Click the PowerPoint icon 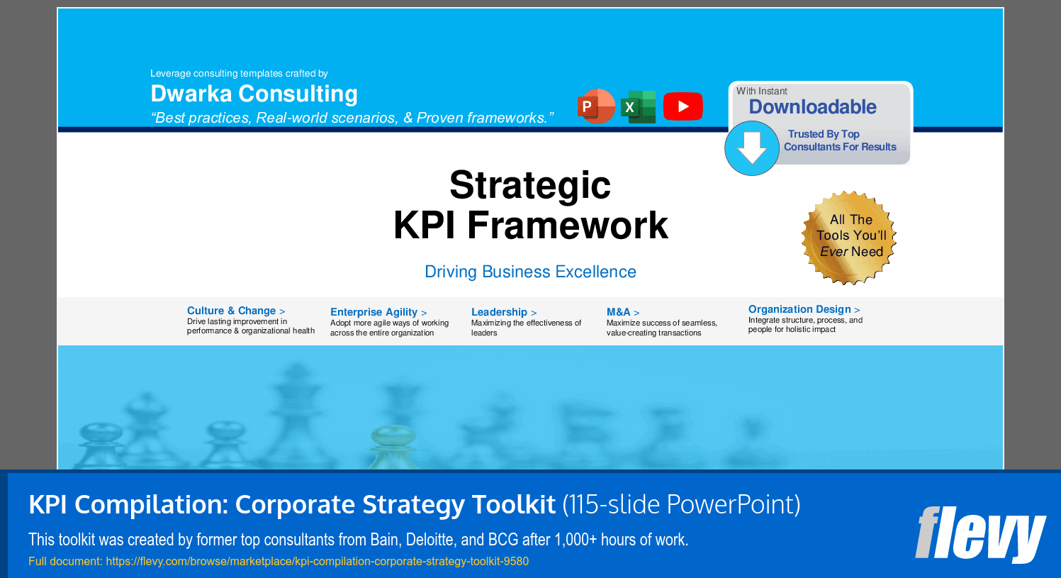(596, 106)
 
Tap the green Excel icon (638, 106)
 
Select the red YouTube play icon (683, 106)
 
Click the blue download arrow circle (752, 148)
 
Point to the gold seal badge (849, 238)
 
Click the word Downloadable (812, 106)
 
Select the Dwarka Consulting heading (254, 94)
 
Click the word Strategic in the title (530, 185)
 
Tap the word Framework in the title (568, 225)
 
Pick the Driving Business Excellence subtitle (530, 272)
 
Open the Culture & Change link (236, 311)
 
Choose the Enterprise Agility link (378, 312)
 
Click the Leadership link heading (503, 312)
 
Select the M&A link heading (623, 312)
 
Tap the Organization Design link (804, 309)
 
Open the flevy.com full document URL (317, 562)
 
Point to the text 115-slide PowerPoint (682, 504)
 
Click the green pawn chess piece (393, 448)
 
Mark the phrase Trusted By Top (824, 134)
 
